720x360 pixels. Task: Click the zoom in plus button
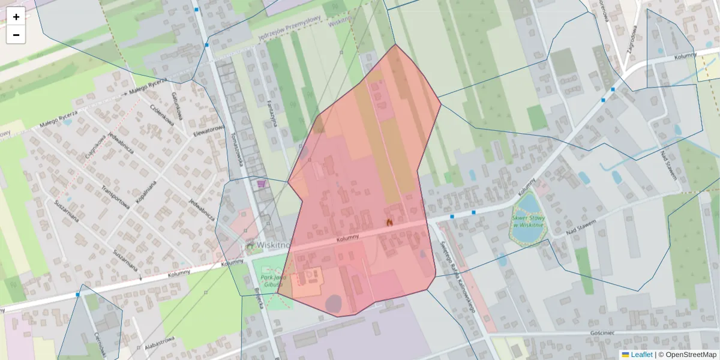(x=16, y=17)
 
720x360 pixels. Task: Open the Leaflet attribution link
(x=641, y=355)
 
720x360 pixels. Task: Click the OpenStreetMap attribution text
(x=691, y=355)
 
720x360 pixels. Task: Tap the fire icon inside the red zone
(x=389, y=223)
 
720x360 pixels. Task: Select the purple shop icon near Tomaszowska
(x=261, y=184)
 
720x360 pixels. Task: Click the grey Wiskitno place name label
(x=274, y=245)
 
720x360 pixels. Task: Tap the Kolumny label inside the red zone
(x=348, y=238)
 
